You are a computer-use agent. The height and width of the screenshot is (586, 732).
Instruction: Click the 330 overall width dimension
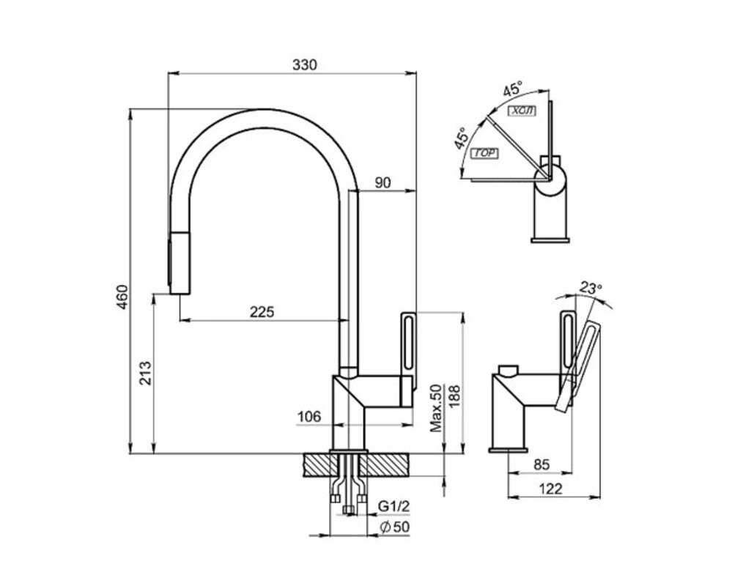(304, 64)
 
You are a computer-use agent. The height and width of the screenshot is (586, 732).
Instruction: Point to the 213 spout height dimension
(146, 374)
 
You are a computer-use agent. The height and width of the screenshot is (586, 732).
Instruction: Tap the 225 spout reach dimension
(262, 311)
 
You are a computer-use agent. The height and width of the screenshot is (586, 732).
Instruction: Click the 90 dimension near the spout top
(383, 182)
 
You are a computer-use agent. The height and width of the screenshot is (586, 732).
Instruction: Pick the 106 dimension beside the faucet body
(308, 417)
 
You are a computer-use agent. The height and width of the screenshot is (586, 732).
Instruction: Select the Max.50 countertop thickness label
(437, 407)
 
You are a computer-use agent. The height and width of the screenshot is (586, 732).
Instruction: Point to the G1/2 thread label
(393, 506)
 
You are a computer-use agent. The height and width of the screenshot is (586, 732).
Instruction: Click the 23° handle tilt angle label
(589, 288)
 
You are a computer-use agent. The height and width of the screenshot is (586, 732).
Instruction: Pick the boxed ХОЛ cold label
(522, 111)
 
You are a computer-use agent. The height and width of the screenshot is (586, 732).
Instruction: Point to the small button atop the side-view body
(507, 368)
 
